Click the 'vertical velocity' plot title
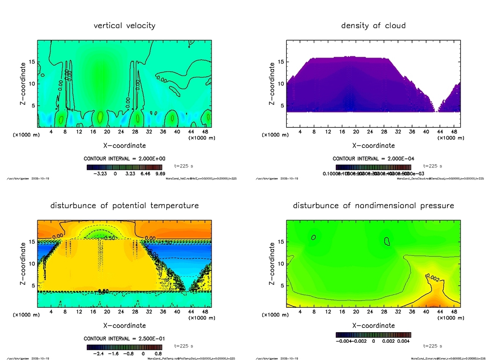[124, 26]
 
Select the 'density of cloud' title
[373, 26]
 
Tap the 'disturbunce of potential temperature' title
[124, 206]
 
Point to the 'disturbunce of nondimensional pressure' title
[373, 206]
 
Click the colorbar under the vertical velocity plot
[124, 168]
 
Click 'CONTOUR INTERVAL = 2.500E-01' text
[124, 339]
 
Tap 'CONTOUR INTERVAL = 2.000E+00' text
[124, 159]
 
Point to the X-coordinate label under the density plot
[373, 146]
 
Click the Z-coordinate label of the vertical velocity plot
[24, 83]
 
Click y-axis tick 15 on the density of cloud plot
[281, 62]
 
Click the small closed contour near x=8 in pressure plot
[314, 237]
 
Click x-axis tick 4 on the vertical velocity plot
[51, 132]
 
